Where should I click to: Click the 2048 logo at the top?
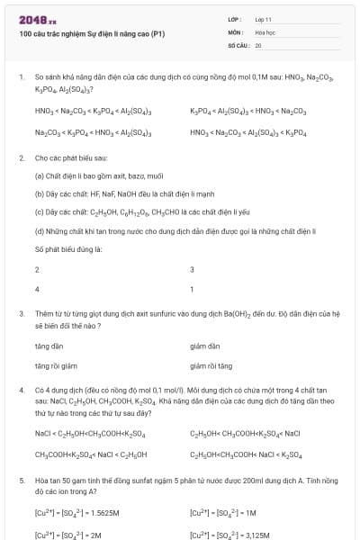coord(37,19)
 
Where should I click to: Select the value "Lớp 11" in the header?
coord(264,19)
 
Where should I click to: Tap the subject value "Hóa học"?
coord(265,31)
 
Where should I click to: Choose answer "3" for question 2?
coord(192,270)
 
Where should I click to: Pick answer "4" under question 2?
coord(37,290)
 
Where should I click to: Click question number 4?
coord(21,391)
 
